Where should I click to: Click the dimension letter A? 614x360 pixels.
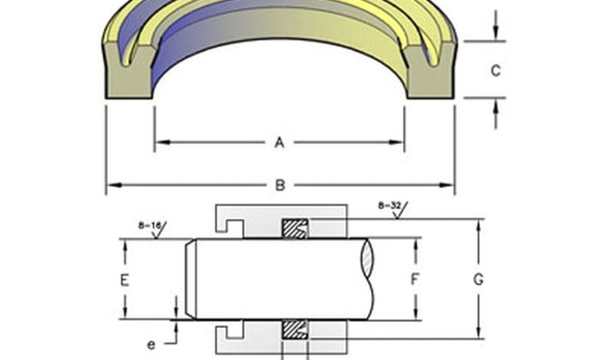pos(279,143)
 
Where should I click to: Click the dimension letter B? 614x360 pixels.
pos(280,185)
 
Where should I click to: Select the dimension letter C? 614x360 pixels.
pos(496,71)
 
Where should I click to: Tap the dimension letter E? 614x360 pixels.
pos(125,280)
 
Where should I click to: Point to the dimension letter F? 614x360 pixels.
pos(415,280)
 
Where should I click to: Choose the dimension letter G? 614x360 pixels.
pos(478,280)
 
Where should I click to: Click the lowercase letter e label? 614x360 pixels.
pos(151,345)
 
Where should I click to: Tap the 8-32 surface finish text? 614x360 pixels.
pos(388,205)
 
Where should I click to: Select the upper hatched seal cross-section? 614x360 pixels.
pos(295,229)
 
